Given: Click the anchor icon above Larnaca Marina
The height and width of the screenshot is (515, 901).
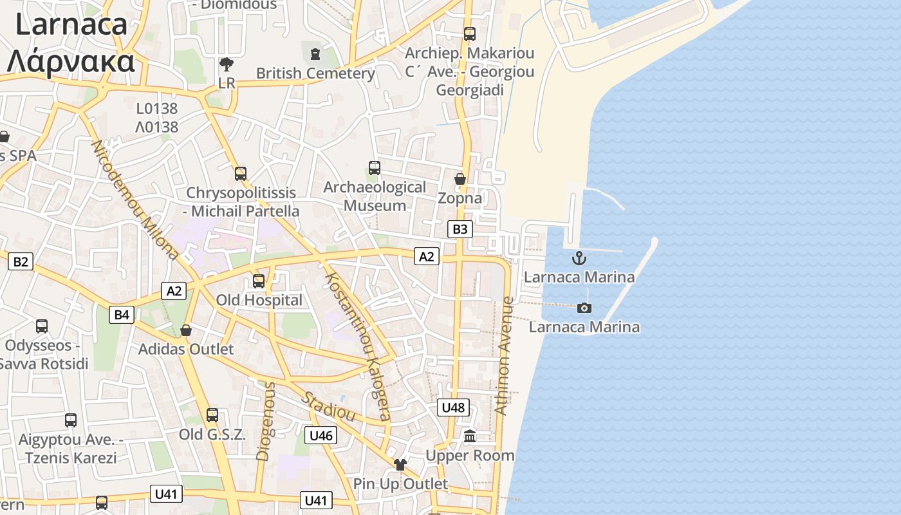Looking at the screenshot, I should point(580,259).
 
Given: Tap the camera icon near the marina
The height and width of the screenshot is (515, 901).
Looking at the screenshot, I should point(584,308).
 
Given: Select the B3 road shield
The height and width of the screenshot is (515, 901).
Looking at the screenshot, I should point(460,229).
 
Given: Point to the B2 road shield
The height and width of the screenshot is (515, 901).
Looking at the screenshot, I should point(21,261).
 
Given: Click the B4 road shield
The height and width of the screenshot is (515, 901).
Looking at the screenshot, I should point(122,315).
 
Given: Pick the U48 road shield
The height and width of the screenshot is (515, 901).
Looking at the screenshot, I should point(453,407).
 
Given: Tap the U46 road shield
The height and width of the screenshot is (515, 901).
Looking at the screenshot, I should point(320,436).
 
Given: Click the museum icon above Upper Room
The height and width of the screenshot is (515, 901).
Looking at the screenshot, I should point(470,436).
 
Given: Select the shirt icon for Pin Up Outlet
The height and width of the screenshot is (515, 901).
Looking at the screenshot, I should point(400,465).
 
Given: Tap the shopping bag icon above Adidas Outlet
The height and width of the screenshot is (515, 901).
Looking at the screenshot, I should point(186,330).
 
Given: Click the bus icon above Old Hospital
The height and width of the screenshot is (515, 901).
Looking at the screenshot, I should point(259,281).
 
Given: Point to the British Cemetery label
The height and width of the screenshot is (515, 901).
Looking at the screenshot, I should point(315,73).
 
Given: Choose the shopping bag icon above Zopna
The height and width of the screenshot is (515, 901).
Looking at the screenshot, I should point(460,179).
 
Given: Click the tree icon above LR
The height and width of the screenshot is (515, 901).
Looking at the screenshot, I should point(227,64).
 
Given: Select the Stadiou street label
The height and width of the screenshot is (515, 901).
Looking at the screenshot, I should point(329,406).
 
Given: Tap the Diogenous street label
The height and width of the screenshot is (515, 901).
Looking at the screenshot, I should point(265,422).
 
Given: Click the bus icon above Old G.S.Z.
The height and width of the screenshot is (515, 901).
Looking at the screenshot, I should point(212,415).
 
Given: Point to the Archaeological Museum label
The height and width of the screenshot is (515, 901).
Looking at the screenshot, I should point(375,196).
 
